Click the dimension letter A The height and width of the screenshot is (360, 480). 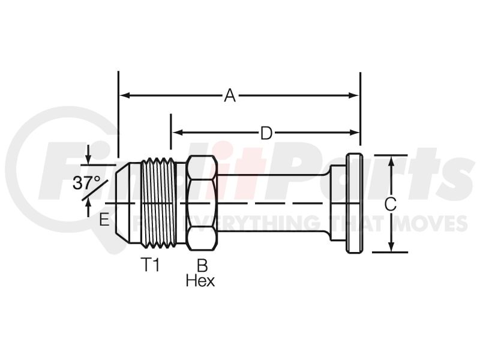pos(230,95)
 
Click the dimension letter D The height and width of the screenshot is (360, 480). pos(266,133)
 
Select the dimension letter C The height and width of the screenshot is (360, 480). pos(390,204)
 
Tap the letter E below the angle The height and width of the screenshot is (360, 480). pos(104,220)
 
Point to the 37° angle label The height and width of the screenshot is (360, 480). pos(86,183)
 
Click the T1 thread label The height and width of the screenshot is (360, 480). pos(150,265)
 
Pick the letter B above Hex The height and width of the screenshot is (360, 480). pos(202,265)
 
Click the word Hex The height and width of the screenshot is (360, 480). pos(200,280)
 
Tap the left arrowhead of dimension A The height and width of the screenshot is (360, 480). pos(124,95)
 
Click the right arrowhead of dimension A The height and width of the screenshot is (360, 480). pos(353,95)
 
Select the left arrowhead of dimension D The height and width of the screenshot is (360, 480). pos(177,133)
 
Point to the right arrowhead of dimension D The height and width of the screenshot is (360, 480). pos(354,133)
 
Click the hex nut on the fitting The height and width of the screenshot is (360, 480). pos(202,203)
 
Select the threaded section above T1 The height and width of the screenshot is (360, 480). pos(158,203)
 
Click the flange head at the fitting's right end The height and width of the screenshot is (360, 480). pos(354,203)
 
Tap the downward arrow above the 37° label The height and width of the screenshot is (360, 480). pos(88,158)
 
